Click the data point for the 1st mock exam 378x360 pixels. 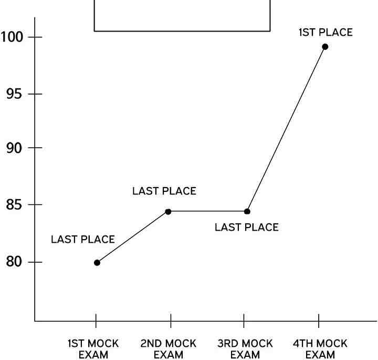pos(97,262)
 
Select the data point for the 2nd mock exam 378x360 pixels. pos(168,212)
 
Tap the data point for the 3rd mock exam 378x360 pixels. pos(247,212)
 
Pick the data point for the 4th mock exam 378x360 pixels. pos(325,47)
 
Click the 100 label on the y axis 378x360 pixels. pos(14,37)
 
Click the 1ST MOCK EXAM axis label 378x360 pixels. pos(93,349)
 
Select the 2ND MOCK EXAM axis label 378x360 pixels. pos(168,349)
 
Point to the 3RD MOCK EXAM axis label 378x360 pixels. pos(245,349)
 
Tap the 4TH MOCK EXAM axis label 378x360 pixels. pos(320,349)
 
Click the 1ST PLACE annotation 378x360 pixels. pos(325,33)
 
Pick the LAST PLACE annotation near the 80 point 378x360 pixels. pos(82,240)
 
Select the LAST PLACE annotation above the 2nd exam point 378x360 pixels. pos(164,191)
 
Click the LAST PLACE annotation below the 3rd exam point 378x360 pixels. pos(246,228)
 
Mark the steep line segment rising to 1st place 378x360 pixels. pos(286,129)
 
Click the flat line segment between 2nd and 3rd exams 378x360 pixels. pos(207,212)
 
